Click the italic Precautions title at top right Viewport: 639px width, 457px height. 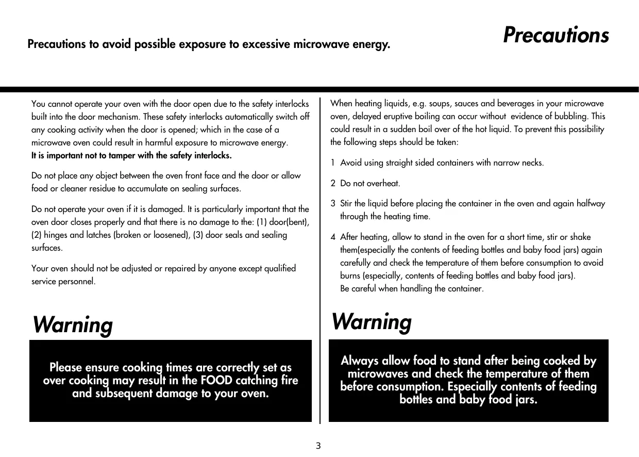556,35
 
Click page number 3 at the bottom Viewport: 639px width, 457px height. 318,446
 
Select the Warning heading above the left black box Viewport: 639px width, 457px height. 73,325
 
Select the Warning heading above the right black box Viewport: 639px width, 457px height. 372,322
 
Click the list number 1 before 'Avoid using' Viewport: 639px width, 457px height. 333,163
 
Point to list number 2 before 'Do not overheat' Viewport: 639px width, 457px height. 333,183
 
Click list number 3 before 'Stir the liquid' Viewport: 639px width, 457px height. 333,203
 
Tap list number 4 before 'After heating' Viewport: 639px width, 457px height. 333,237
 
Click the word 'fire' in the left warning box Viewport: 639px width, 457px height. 288,381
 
